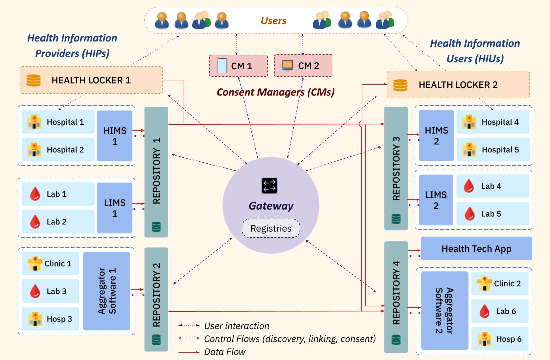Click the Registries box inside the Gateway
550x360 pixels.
coord(270,229)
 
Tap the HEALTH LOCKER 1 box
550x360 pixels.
coord(91,80)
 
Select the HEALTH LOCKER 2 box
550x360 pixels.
coord(458,85)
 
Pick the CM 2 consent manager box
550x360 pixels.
coord(303,66)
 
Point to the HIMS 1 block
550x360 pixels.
coord(115,136)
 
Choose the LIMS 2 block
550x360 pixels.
coord(436,200)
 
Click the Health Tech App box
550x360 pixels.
coord(476,249)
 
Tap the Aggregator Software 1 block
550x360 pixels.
coord(106,291)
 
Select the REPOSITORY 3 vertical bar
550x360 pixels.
coord(396,168)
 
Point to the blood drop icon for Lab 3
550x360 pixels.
coord(35,291)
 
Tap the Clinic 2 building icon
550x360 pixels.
coord(484,284)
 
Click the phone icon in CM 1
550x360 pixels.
coord(222,66)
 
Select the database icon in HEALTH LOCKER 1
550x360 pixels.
coord(33,80)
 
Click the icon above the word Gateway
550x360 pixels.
coord(270,186)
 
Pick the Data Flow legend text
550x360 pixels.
coord(225,352)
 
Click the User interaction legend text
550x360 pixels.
coord(236,326)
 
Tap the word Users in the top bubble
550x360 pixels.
coord(273,21)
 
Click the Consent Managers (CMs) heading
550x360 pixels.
coord(275,92)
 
